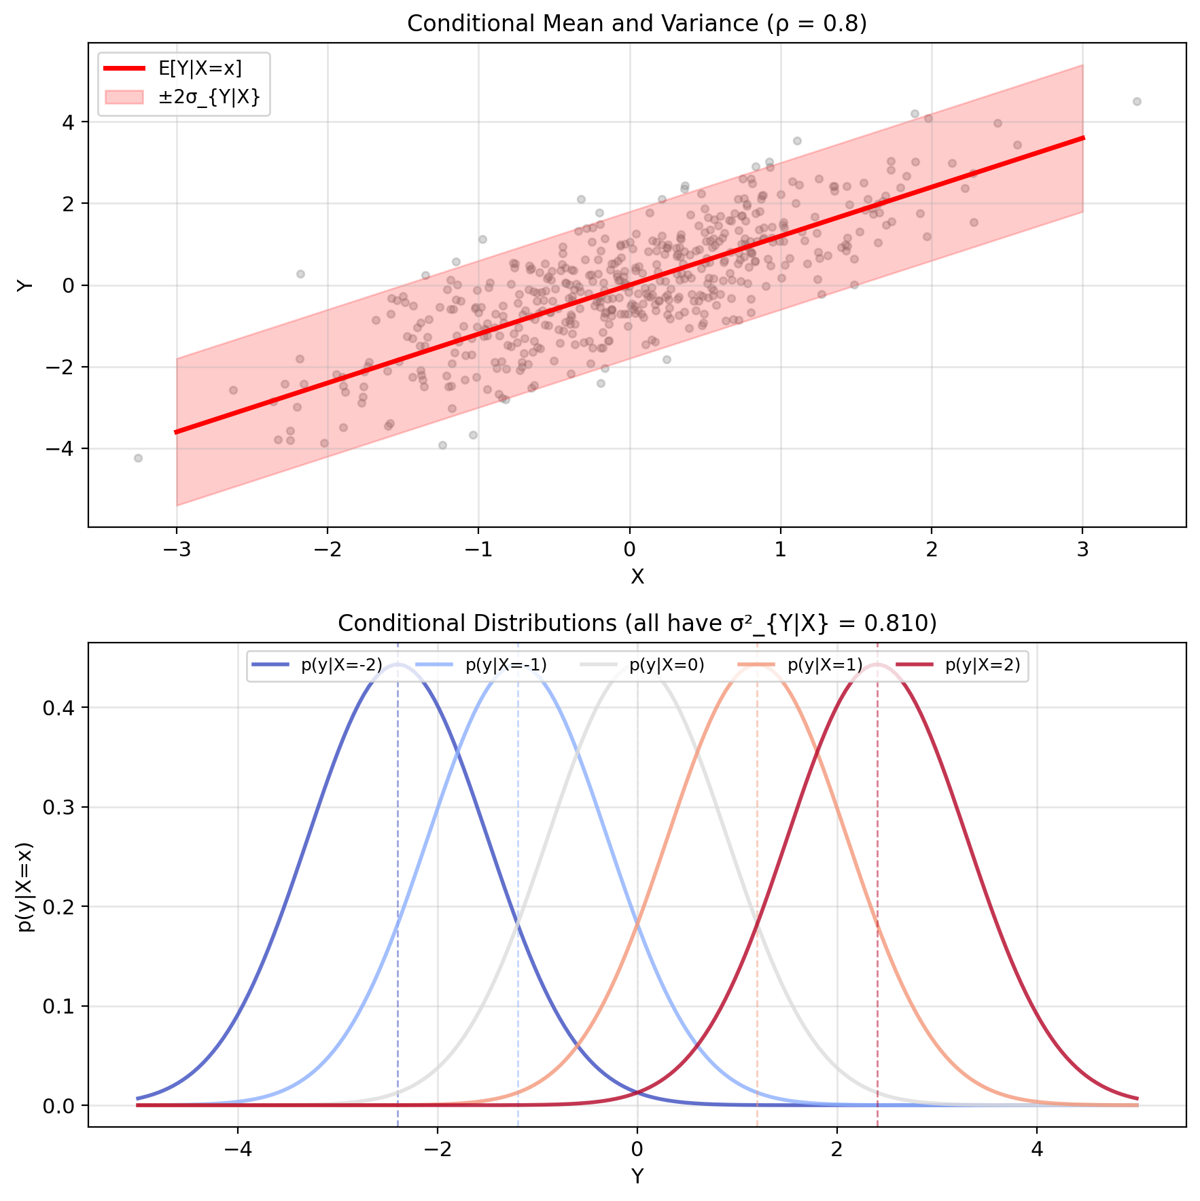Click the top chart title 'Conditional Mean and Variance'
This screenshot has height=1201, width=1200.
pyautogui.click(x=637, y=24)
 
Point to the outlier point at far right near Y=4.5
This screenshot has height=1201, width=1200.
pyautogui.click(x=1137, y=102)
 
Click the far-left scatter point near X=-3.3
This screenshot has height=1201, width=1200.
pyautogui.click(x=138, y=458)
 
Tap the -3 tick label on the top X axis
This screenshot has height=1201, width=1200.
pyautogui.click(x=176, y=549)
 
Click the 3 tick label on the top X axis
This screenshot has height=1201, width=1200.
pyautogui.click(x=1082, y=549)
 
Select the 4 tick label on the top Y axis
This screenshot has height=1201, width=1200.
pyautogui.click(x=69, y=122)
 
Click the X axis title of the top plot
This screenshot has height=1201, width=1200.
pyautogui.click(x=637, y=577)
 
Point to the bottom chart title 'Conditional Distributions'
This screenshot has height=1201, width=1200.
pyautogui.click(x=637, y=624)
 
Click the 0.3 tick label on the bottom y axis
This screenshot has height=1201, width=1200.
pyautogui.click(x=57, y=808)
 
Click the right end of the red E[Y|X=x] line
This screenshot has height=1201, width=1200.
pyautogui.click(x=1082, y=139)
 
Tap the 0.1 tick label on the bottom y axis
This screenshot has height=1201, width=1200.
pyautogui.click(x=57, y=1006)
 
